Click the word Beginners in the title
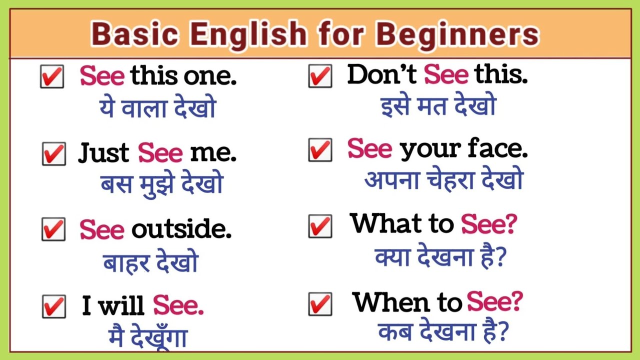(x=457, y=35)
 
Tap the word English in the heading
(x=248, y=35)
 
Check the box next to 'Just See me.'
(x=53, y=153)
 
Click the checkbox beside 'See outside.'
(x=53, y=229)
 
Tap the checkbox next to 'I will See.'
(x=53, y=306)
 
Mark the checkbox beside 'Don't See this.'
(x=320, y=76)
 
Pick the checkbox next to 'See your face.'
(x=320, y=150)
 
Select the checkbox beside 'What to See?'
(x=320, y=226)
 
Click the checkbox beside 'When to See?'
(x=320, y=303)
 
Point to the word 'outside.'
(x=181, y=229)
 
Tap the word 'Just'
(x=104, y=153)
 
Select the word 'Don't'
(x=382, y=75)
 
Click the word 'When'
(x=392, y=302)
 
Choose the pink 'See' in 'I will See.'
(x=178, y=305)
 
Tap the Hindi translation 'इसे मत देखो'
(x=438, y=106)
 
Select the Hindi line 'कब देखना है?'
(x=443, y=331)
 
